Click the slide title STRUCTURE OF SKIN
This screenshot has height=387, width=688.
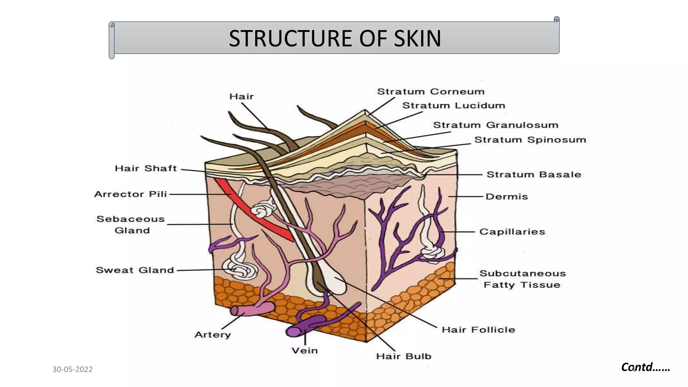335,38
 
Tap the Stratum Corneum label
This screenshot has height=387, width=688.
431,92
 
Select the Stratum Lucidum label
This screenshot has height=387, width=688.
454,105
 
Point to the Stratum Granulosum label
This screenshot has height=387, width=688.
496,125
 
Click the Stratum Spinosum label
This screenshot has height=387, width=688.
530,140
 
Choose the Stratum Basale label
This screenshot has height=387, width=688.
533,175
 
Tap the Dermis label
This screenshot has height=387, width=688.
507,197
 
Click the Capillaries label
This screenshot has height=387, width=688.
512,232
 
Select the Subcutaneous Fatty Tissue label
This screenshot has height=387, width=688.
522,279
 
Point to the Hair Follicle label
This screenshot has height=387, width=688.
478,330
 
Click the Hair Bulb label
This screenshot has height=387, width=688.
403,356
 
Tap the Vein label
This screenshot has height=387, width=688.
304,351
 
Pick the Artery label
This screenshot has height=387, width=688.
213,335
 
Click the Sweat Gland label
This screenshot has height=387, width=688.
135,270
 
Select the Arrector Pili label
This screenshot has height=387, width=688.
130,194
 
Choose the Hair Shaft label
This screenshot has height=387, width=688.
145,168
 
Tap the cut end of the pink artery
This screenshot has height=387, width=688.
235,311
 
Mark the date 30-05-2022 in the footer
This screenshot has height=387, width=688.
73,370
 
